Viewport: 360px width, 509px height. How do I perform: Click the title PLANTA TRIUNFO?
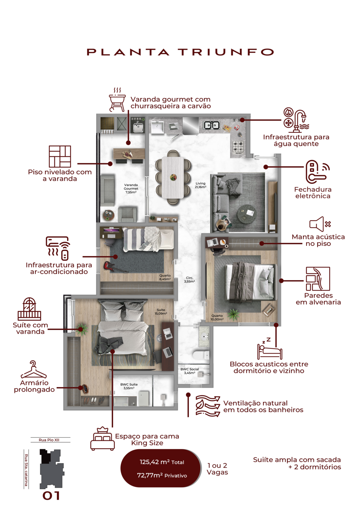(x=180, y=52)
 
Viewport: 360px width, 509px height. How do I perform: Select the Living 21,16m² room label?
(x=201, y=185)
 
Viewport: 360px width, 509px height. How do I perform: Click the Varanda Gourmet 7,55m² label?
(x=131, y=189)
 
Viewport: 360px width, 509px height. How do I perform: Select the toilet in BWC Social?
(x=201, y=355)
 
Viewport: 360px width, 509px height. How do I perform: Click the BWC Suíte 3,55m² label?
(x=129, y=386)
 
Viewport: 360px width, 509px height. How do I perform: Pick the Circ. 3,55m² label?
(x=189, y=280)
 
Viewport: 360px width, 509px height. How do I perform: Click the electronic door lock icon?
(x=315, y=171)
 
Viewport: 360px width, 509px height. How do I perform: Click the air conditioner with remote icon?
(x=59, y=248)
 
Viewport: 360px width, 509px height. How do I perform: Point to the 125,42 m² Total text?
(x=162, y=462)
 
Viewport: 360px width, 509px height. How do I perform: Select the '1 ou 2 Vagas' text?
(x=217, y=469)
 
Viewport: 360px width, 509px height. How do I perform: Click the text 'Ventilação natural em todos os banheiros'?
(x=263, y=407)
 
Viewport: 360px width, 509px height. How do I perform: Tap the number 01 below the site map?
(x=51, y=496)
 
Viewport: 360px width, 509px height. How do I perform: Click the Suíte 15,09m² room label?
(x=161, y=311)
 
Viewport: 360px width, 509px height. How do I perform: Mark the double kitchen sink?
(x=211, y=125)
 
